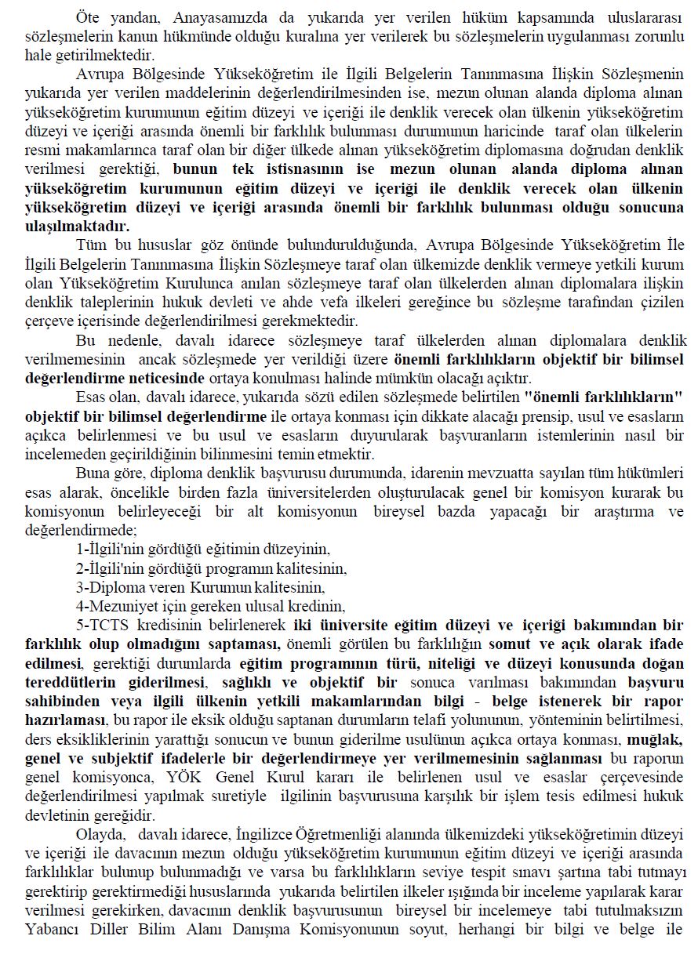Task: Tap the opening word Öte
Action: [x=88, y=16]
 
